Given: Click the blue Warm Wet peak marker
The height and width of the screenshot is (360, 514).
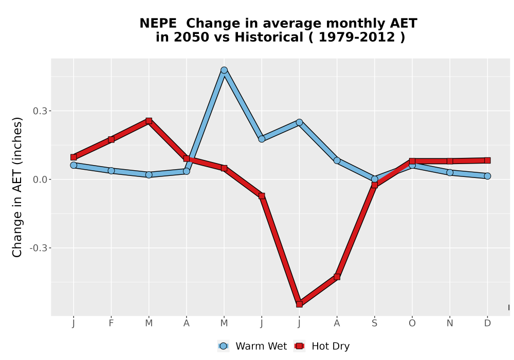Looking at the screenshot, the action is point(224,70).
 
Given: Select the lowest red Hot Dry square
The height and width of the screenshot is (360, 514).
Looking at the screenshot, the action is point(299,304).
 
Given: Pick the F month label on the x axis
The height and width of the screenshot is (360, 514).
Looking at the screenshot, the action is point(111,323).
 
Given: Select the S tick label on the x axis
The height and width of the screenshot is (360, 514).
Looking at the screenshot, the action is point(374,323).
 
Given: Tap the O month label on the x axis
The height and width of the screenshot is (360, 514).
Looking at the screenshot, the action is point(412,323).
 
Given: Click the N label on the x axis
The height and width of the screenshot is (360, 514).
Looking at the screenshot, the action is point(450,323).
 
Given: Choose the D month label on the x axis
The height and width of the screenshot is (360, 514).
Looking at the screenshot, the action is point(487,323).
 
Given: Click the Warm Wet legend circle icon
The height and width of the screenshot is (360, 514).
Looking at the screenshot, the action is point(223,346).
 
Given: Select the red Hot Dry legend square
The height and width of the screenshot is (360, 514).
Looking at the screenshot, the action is point(299,346).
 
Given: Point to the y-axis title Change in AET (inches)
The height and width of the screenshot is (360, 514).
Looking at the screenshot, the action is point(17,187).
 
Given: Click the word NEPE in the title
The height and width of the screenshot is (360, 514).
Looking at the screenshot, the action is point(158,24).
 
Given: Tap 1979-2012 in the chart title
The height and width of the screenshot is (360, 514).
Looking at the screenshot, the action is point(357,38).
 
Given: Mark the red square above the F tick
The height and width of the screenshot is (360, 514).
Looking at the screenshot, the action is point(111,139).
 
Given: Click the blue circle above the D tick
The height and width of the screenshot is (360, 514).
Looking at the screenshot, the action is point(487,176).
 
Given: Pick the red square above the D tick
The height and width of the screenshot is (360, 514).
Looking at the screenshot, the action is point(487,160).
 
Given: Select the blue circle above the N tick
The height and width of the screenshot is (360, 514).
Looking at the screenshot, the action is point(450,172).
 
